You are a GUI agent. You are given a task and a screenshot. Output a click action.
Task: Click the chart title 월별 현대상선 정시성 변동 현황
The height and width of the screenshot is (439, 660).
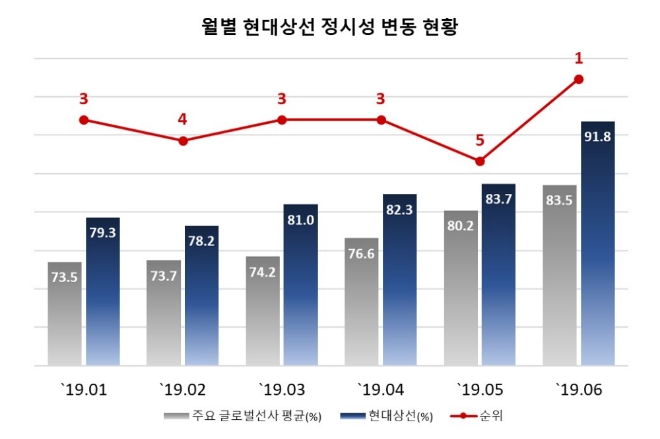pos(329,26)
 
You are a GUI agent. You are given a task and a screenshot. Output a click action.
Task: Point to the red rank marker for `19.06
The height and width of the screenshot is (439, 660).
pos(579,79)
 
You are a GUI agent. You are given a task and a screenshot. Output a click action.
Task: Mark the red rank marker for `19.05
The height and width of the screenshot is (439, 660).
pos(480,161)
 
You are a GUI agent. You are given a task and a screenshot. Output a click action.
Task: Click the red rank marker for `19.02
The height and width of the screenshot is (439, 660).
pos(183,141)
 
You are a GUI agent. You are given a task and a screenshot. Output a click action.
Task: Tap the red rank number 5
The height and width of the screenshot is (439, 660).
pos(480,140)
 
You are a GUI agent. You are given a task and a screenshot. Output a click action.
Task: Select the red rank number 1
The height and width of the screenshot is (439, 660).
pos(579,58)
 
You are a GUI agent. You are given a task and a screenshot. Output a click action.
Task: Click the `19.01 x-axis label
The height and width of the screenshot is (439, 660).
pos(83,389)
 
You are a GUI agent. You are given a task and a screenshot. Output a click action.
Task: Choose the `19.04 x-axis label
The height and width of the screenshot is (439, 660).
pos(380,389)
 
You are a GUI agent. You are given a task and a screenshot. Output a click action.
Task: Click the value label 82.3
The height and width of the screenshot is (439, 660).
pos(400,211)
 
